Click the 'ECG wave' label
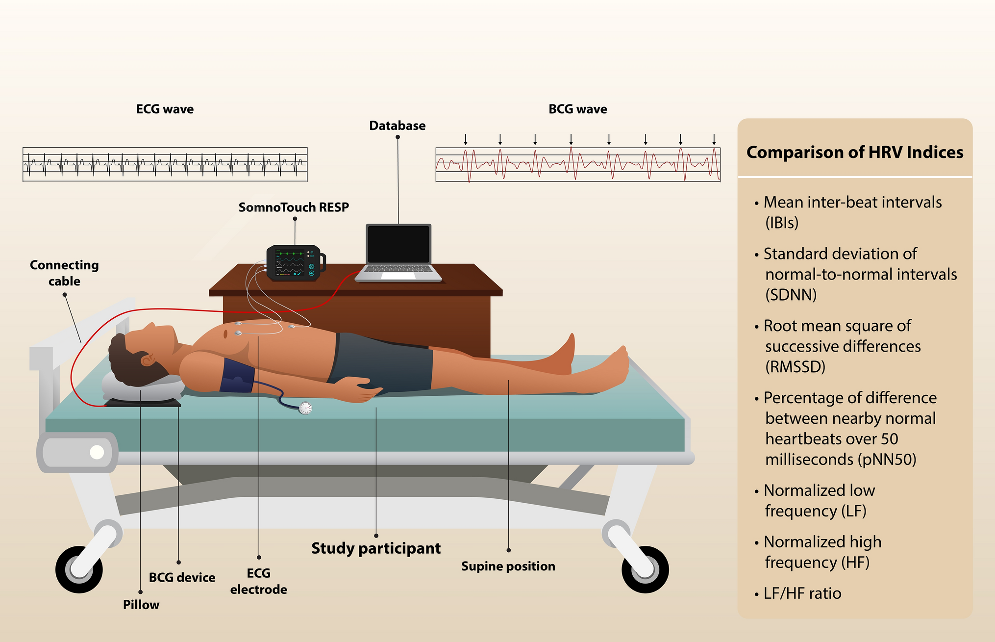coord(165,109)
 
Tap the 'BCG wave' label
coord(577,109)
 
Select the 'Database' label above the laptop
coord(397,126)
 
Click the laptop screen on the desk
coord(399,244)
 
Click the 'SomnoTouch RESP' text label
coord(294,207)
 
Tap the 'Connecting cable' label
coord(64,273)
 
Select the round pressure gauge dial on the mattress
coord(305,408)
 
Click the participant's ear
coord(147,360)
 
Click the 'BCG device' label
coord(182,578)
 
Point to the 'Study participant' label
coord(376,548)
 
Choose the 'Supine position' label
coord(508,566)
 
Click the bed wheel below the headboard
coord(79,569)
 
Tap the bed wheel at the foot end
coord(645,569)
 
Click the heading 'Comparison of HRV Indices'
coord(854,153)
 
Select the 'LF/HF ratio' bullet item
coord(802,593)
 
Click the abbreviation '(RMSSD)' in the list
coord(795,367)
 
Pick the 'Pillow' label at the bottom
coord(141,605)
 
